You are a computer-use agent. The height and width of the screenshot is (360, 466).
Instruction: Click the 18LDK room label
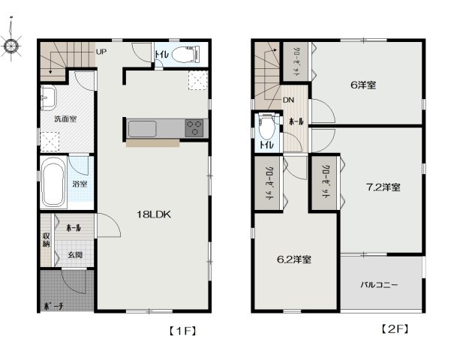click(155, 214)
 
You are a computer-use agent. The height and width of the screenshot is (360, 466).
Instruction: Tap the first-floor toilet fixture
click(184, 55)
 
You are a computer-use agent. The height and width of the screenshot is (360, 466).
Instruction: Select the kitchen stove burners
click(194, 128)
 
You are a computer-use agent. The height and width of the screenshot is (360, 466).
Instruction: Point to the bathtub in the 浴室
click(52, 184)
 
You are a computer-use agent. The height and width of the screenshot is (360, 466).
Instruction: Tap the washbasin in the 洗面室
click(50, 97)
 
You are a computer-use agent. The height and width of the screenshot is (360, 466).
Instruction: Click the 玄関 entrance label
click(75, 254)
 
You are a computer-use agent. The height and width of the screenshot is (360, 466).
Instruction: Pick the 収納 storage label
click(46, 240)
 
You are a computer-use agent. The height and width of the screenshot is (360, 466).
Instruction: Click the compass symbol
click(11, 46)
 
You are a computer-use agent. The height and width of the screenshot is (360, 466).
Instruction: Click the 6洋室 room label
click(363, 85)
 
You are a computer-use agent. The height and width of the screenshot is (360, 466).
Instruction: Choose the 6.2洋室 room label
click(294, 259)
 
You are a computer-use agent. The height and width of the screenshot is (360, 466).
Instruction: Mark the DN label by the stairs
click(289, 100)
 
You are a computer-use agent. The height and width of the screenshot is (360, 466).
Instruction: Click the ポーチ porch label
click(53, 306)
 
